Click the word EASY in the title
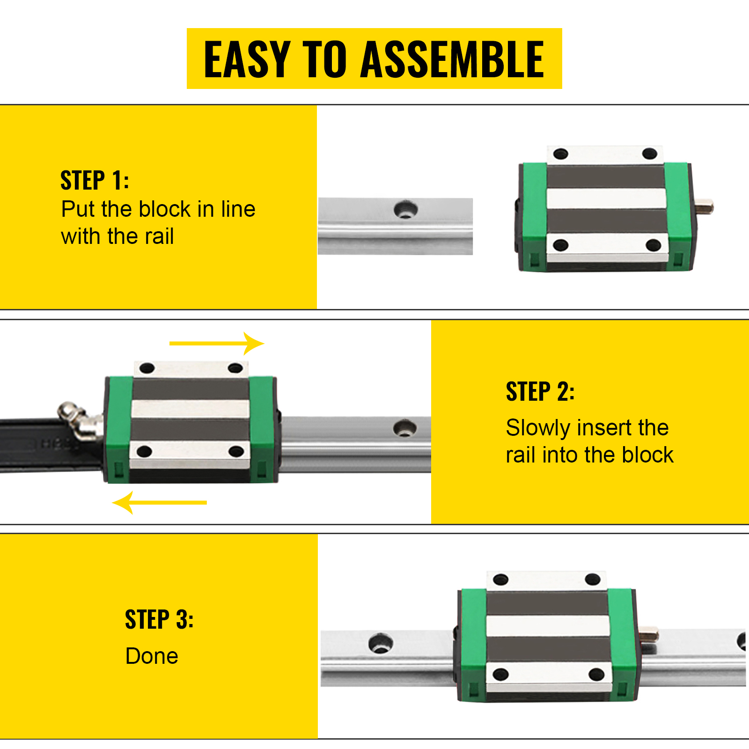coord(247,59)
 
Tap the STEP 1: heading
coord(95,181)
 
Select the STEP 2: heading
coord(540,392)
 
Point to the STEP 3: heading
coord(159,620)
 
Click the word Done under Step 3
coord(152,656)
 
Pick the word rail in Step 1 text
coord(159,236)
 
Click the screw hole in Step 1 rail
coord(405,209)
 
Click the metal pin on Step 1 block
coord(704,206)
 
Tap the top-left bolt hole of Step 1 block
coord(560,154)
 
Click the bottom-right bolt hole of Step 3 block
coord(596,675)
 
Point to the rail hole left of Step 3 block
coord(380,643)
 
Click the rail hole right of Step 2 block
coord(404,428)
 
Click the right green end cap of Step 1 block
coord(678,217)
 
